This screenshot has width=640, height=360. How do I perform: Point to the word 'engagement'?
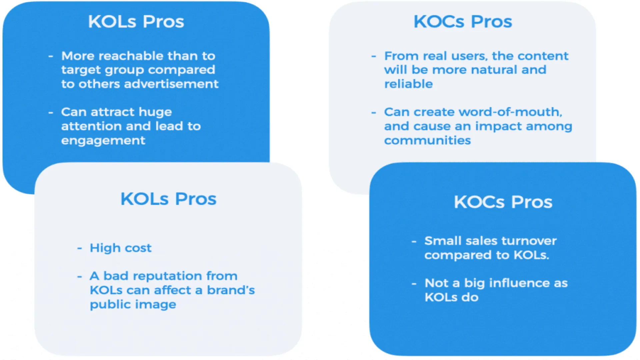[103, 141]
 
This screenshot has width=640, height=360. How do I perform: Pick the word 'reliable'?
[409, 84]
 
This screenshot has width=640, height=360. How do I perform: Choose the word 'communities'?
[428, 140]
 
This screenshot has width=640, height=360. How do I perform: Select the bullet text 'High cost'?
[121, 248]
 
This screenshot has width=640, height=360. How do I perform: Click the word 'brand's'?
[231, 290]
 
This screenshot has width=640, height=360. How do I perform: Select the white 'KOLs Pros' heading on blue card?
[136, 22]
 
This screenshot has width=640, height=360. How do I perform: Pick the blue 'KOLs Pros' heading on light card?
[168, 199]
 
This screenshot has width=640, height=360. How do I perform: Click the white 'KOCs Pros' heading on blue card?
[503, 202]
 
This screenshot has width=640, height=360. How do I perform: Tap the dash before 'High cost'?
[80, 248]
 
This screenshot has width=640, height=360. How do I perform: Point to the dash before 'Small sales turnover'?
[414, 241]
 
